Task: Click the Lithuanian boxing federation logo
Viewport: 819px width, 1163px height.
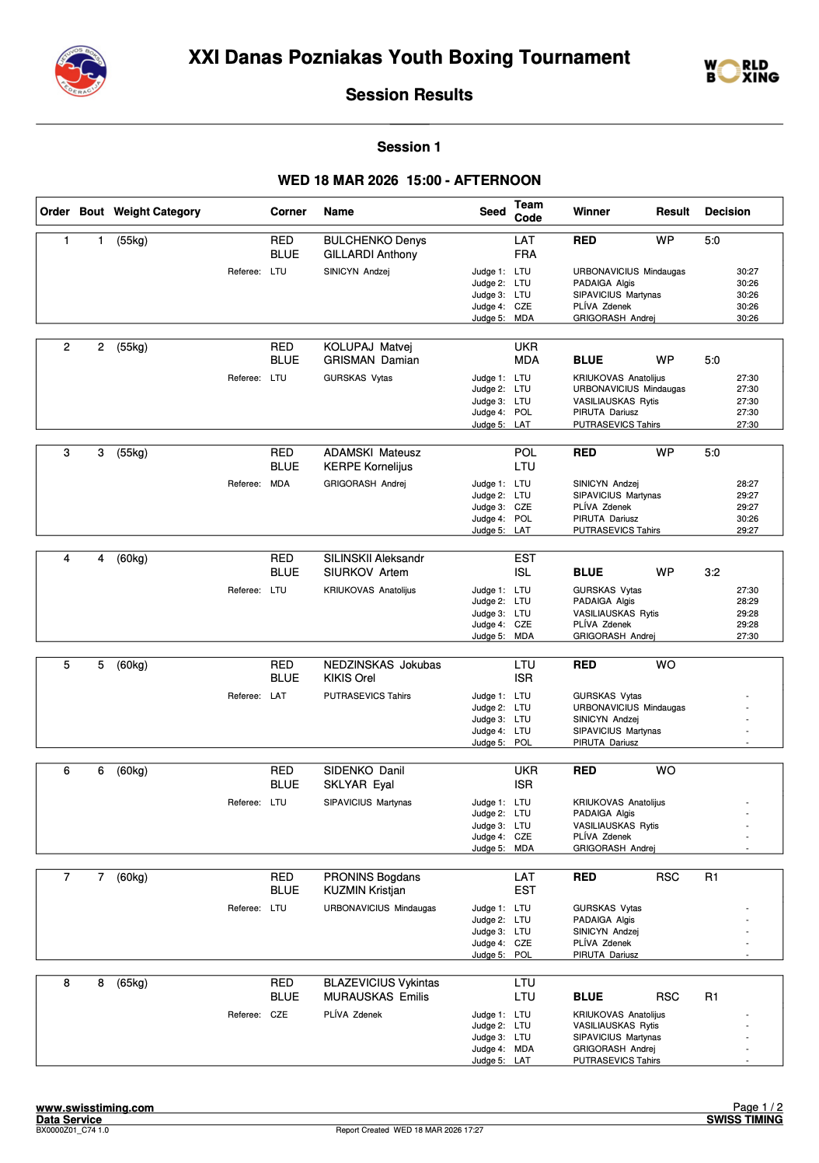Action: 81,72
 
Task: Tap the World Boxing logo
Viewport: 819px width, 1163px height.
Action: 741,72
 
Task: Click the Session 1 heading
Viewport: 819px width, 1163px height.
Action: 409,147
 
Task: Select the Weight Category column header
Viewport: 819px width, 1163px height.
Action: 157,211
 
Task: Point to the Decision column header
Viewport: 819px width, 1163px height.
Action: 727,211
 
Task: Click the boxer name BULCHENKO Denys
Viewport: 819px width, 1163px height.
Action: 375,240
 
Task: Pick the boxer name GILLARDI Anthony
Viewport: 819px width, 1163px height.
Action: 370,254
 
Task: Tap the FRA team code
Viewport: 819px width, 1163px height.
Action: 525,254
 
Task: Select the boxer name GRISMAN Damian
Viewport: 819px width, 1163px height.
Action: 371,360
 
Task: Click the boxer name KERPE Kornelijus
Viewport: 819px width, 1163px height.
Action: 368,466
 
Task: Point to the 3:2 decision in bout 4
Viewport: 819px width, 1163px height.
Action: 712,572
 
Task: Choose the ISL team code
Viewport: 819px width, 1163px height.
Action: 523,572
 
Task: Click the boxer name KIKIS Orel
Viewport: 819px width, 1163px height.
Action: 350,678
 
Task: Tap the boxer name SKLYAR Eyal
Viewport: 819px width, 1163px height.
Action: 359,784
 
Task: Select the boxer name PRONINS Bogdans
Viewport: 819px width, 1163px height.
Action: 371,877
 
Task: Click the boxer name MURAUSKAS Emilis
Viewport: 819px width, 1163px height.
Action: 376,997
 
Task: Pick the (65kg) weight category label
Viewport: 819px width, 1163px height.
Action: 132,983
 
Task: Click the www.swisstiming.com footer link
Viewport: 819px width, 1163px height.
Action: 95,1108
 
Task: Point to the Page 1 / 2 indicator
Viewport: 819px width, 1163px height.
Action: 758,1107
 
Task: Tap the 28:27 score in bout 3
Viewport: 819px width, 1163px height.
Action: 748,484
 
